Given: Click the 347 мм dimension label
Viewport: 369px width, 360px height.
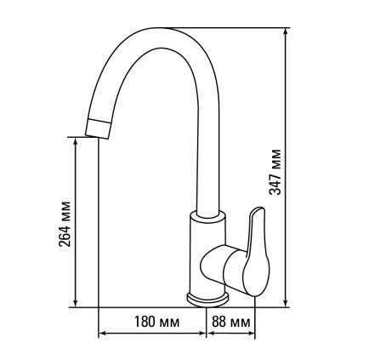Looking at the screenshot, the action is pos(275,172).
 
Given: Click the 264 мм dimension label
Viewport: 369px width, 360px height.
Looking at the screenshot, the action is pos(65,224).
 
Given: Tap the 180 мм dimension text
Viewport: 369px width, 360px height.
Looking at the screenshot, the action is pos(156,322).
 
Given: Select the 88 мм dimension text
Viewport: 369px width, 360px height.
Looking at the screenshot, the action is pos(231,322).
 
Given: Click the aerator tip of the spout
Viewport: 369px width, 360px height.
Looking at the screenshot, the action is pos(98,129).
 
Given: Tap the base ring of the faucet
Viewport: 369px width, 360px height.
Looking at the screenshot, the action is pos(207,300).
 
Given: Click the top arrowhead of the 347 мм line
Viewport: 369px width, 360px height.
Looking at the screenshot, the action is pos(286,31).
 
